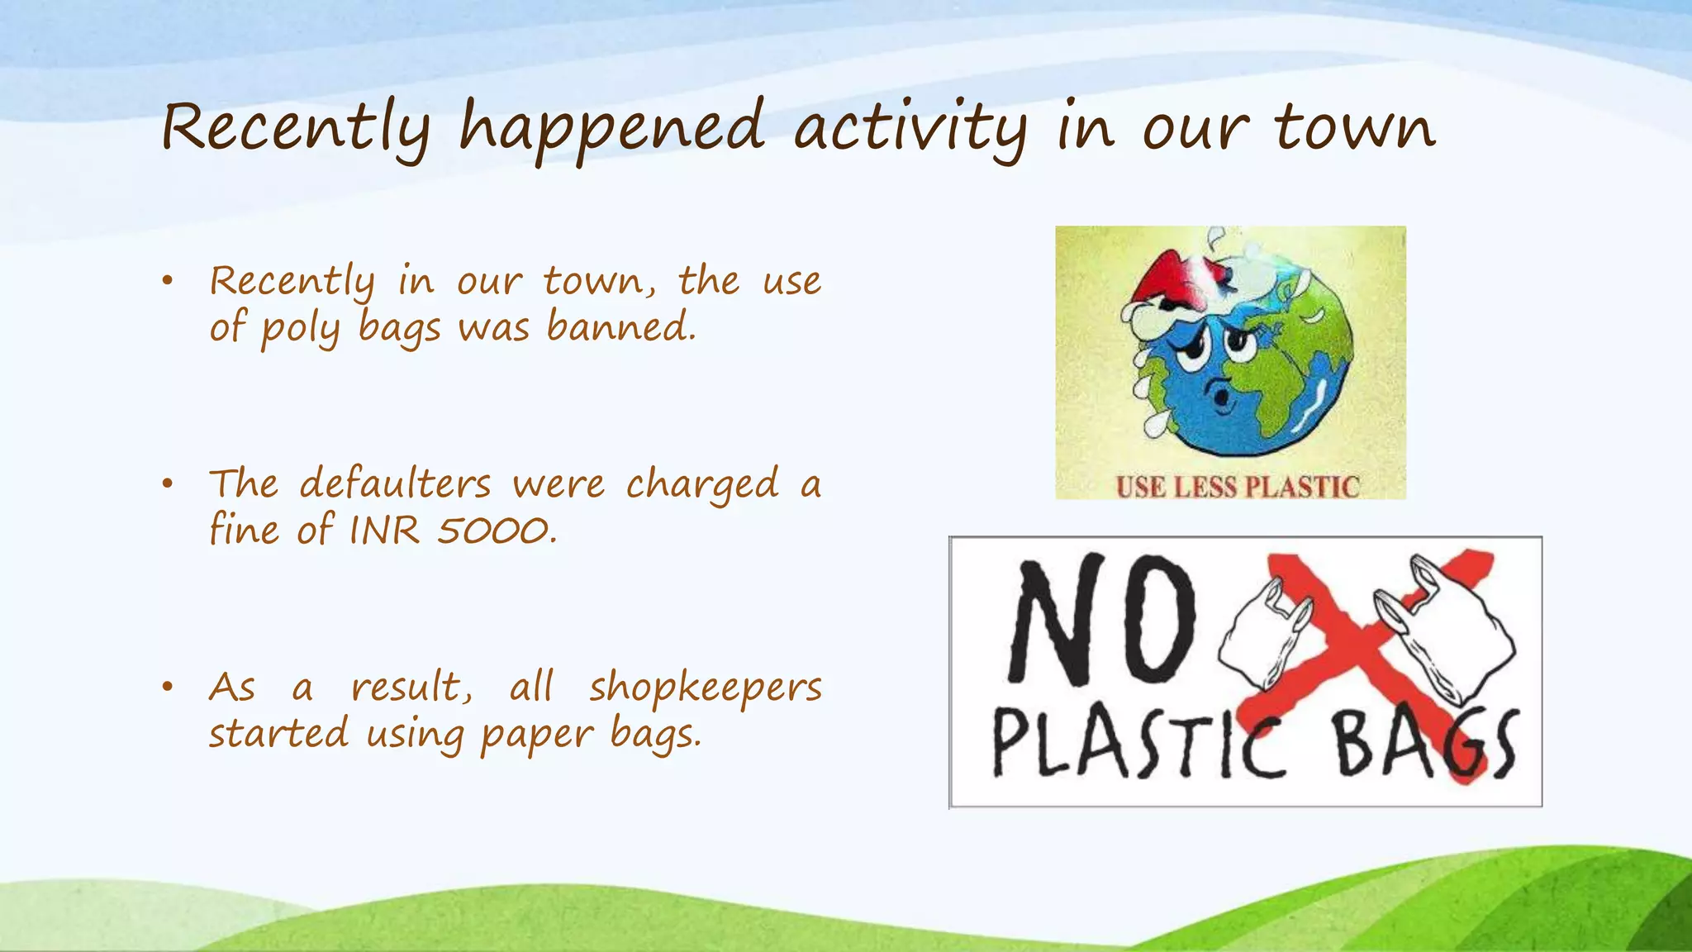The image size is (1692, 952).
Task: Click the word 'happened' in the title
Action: pos(611,128)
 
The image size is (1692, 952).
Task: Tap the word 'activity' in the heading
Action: pos(910,128)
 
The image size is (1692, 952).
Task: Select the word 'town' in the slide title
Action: pos(1355,128)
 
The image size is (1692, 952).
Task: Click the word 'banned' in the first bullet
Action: pos(620,327)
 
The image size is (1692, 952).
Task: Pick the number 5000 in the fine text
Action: pos(494,531)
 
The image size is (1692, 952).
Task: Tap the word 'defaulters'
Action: pos(395,483)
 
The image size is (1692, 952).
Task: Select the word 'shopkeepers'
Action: pos(705,688)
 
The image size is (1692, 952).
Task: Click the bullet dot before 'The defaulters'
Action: pos(168,484)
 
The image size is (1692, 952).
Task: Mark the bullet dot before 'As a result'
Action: pos(168,687)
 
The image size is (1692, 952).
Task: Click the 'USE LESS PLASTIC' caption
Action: pos(1237,487)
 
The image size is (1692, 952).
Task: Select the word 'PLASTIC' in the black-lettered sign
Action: pos(1138,746)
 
